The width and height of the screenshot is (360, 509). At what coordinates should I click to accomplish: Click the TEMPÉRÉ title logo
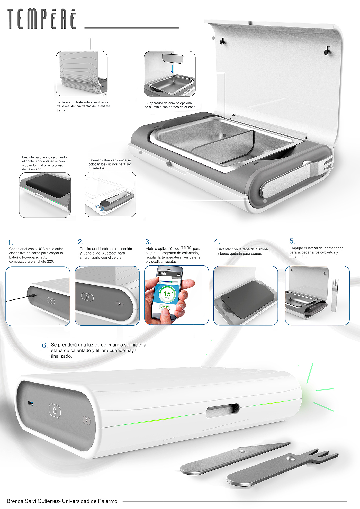[42, 19]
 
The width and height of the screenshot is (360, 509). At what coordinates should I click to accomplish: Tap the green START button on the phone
[165, 307]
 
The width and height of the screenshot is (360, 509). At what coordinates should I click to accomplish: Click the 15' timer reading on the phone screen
[168, 293]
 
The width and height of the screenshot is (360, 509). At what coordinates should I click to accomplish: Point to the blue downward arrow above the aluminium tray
[172, 69]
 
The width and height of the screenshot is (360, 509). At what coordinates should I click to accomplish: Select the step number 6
[45, 346]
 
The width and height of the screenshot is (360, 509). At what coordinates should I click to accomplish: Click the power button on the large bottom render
[55, 411]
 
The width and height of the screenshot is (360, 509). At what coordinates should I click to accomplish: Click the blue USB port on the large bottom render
[30, 403]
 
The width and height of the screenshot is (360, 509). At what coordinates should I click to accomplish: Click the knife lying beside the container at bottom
[235, 458]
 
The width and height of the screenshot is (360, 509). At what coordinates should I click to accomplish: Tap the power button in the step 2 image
[87, 297]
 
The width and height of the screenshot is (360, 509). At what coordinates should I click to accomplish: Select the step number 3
[148, 242]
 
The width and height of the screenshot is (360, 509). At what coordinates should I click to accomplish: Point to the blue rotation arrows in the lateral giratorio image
[99, 208]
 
